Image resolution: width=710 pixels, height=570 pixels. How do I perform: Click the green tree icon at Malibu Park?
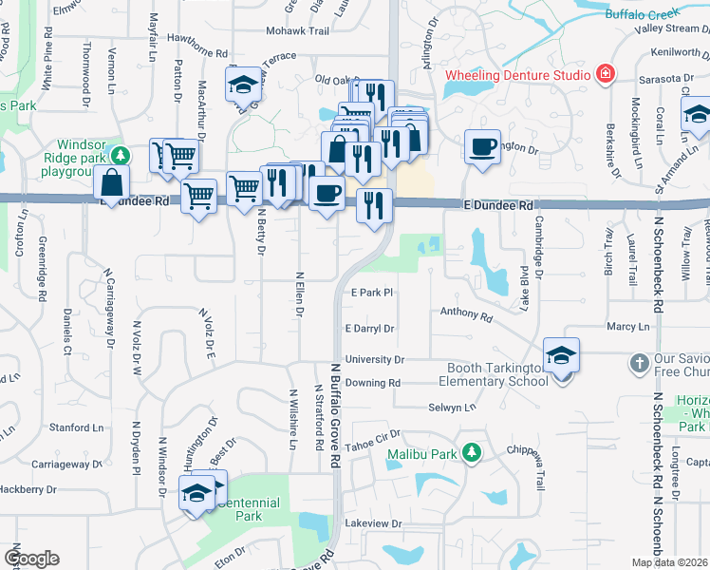[471, 452]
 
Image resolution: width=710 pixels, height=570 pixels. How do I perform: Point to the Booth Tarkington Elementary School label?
[493, 374]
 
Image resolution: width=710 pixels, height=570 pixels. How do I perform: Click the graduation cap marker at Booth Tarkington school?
[561, 355]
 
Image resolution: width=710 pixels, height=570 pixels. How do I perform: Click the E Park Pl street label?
[371, 293]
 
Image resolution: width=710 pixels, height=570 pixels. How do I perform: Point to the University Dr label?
[375, 360]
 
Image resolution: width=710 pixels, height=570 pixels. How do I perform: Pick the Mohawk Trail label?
[261, 31]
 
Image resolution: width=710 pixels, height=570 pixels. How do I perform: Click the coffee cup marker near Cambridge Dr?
[482, 147]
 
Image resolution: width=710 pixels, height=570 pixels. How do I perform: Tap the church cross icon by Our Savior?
[639, 363]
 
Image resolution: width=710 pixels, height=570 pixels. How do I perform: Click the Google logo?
[31, 559]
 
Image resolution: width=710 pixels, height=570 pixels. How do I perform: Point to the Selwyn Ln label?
[456, 407]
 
